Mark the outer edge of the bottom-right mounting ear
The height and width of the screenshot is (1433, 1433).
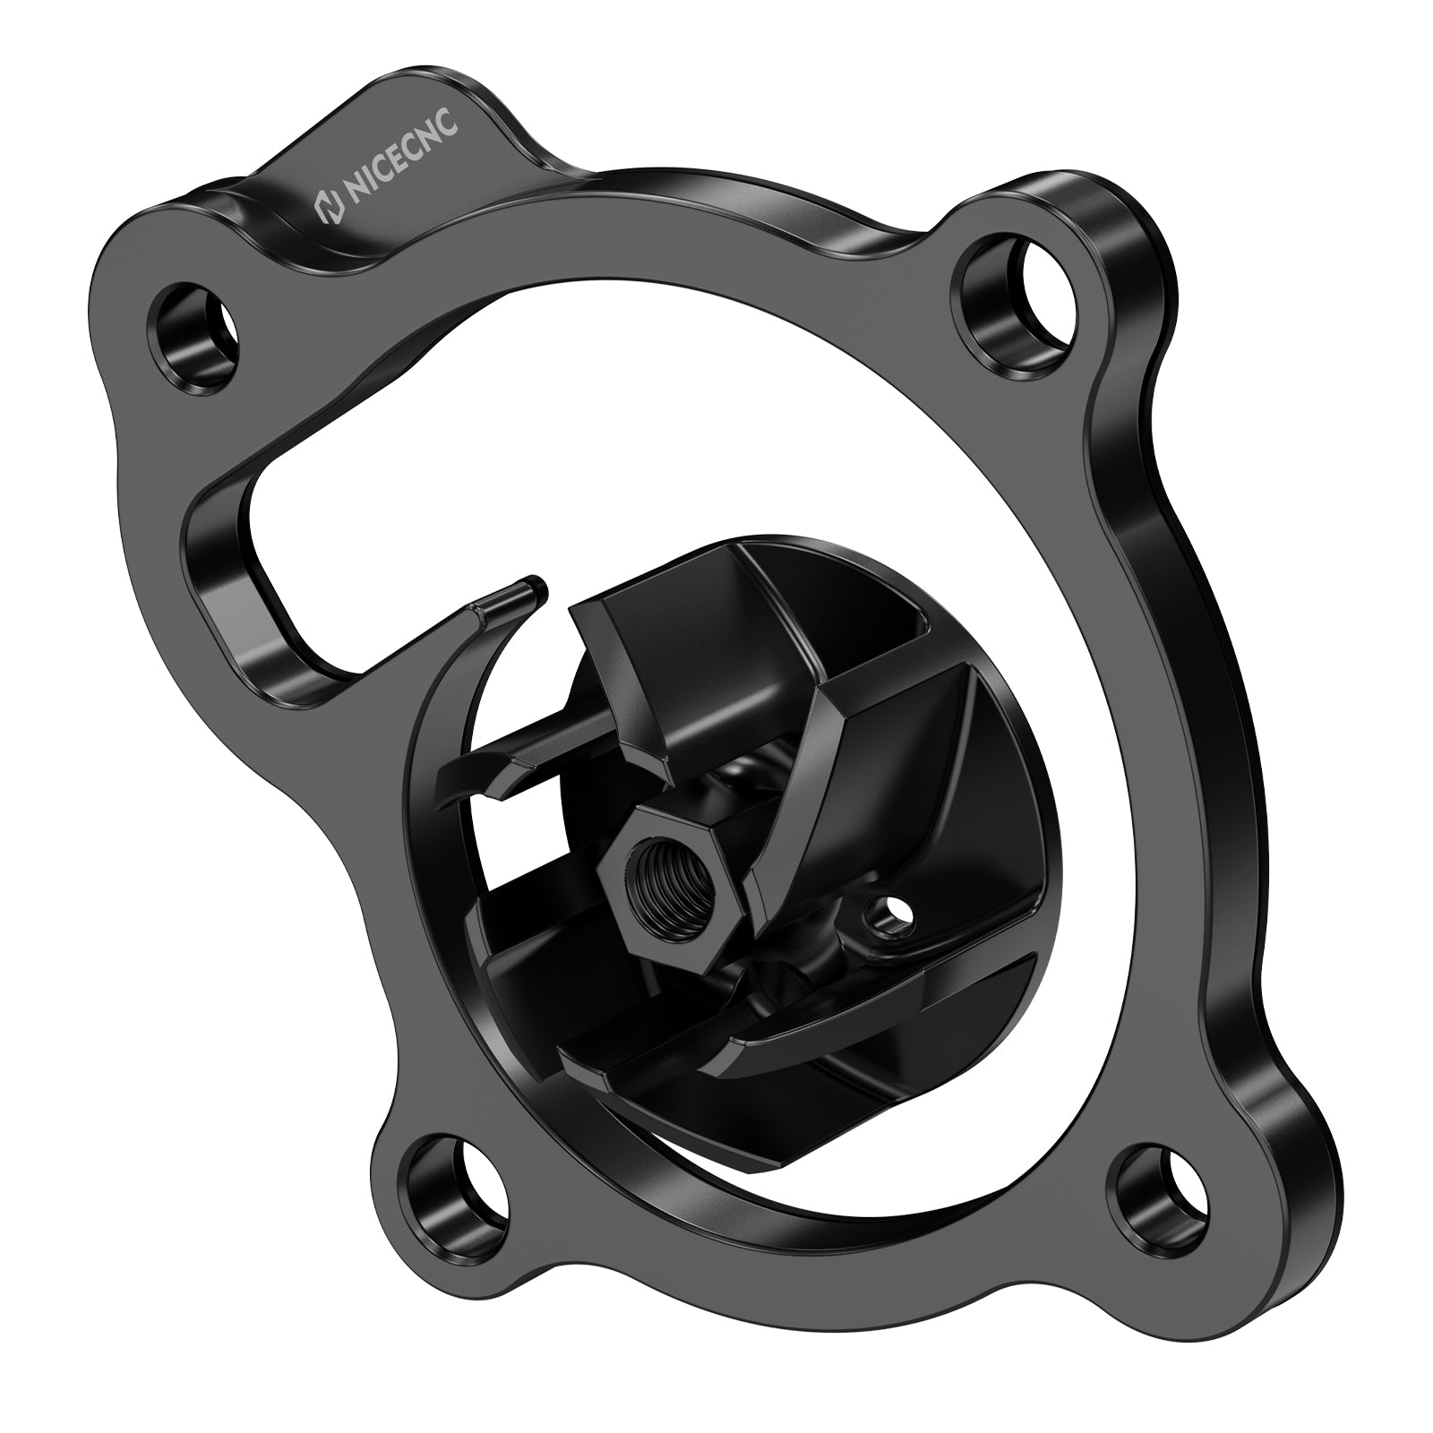pyautogui.click(x=1254, y=1200)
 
